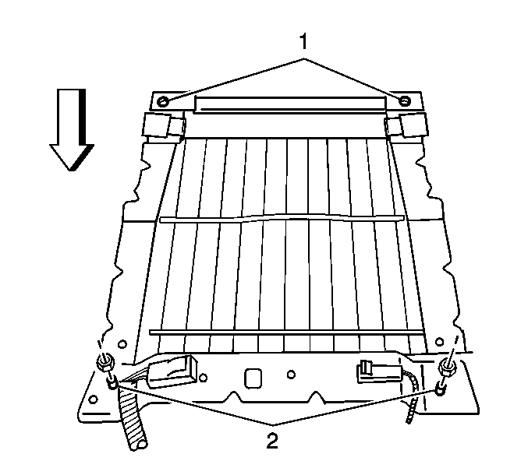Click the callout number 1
(303, 42)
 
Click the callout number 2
(272, 441)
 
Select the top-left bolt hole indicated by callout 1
(163, 101)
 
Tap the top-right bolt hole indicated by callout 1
(404, 100)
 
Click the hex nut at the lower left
(106, 364)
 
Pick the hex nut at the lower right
(448, 368)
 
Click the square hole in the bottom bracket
(253, 378)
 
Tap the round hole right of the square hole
(292, 374)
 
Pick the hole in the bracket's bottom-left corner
(94, 400)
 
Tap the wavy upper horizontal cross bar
(282, 218)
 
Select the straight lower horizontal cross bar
(286, 332)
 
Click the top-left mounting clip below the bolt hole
(164, 125)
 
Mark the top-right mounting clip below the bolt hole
(406, 125)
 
